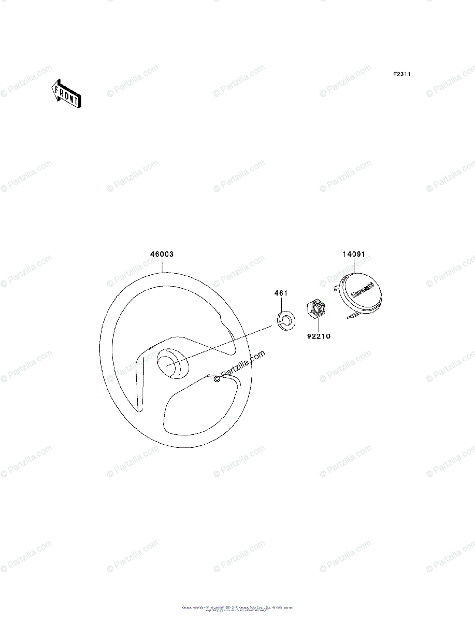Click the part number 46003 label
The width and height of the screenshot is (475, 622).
[162, 255]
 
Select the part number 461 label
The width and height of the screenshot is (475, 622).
[281, 294]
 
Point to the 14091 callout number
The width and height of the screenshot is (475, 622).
[354, 255]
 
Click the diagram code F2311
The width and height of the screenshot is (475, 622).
[401, 75]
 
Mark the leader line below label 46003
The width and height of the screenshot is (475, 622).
[162, 265]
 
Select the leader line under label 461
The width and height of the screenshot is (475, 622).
[281, 305]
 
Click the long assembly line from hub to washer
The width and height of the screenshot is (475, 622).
[223, 343]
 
